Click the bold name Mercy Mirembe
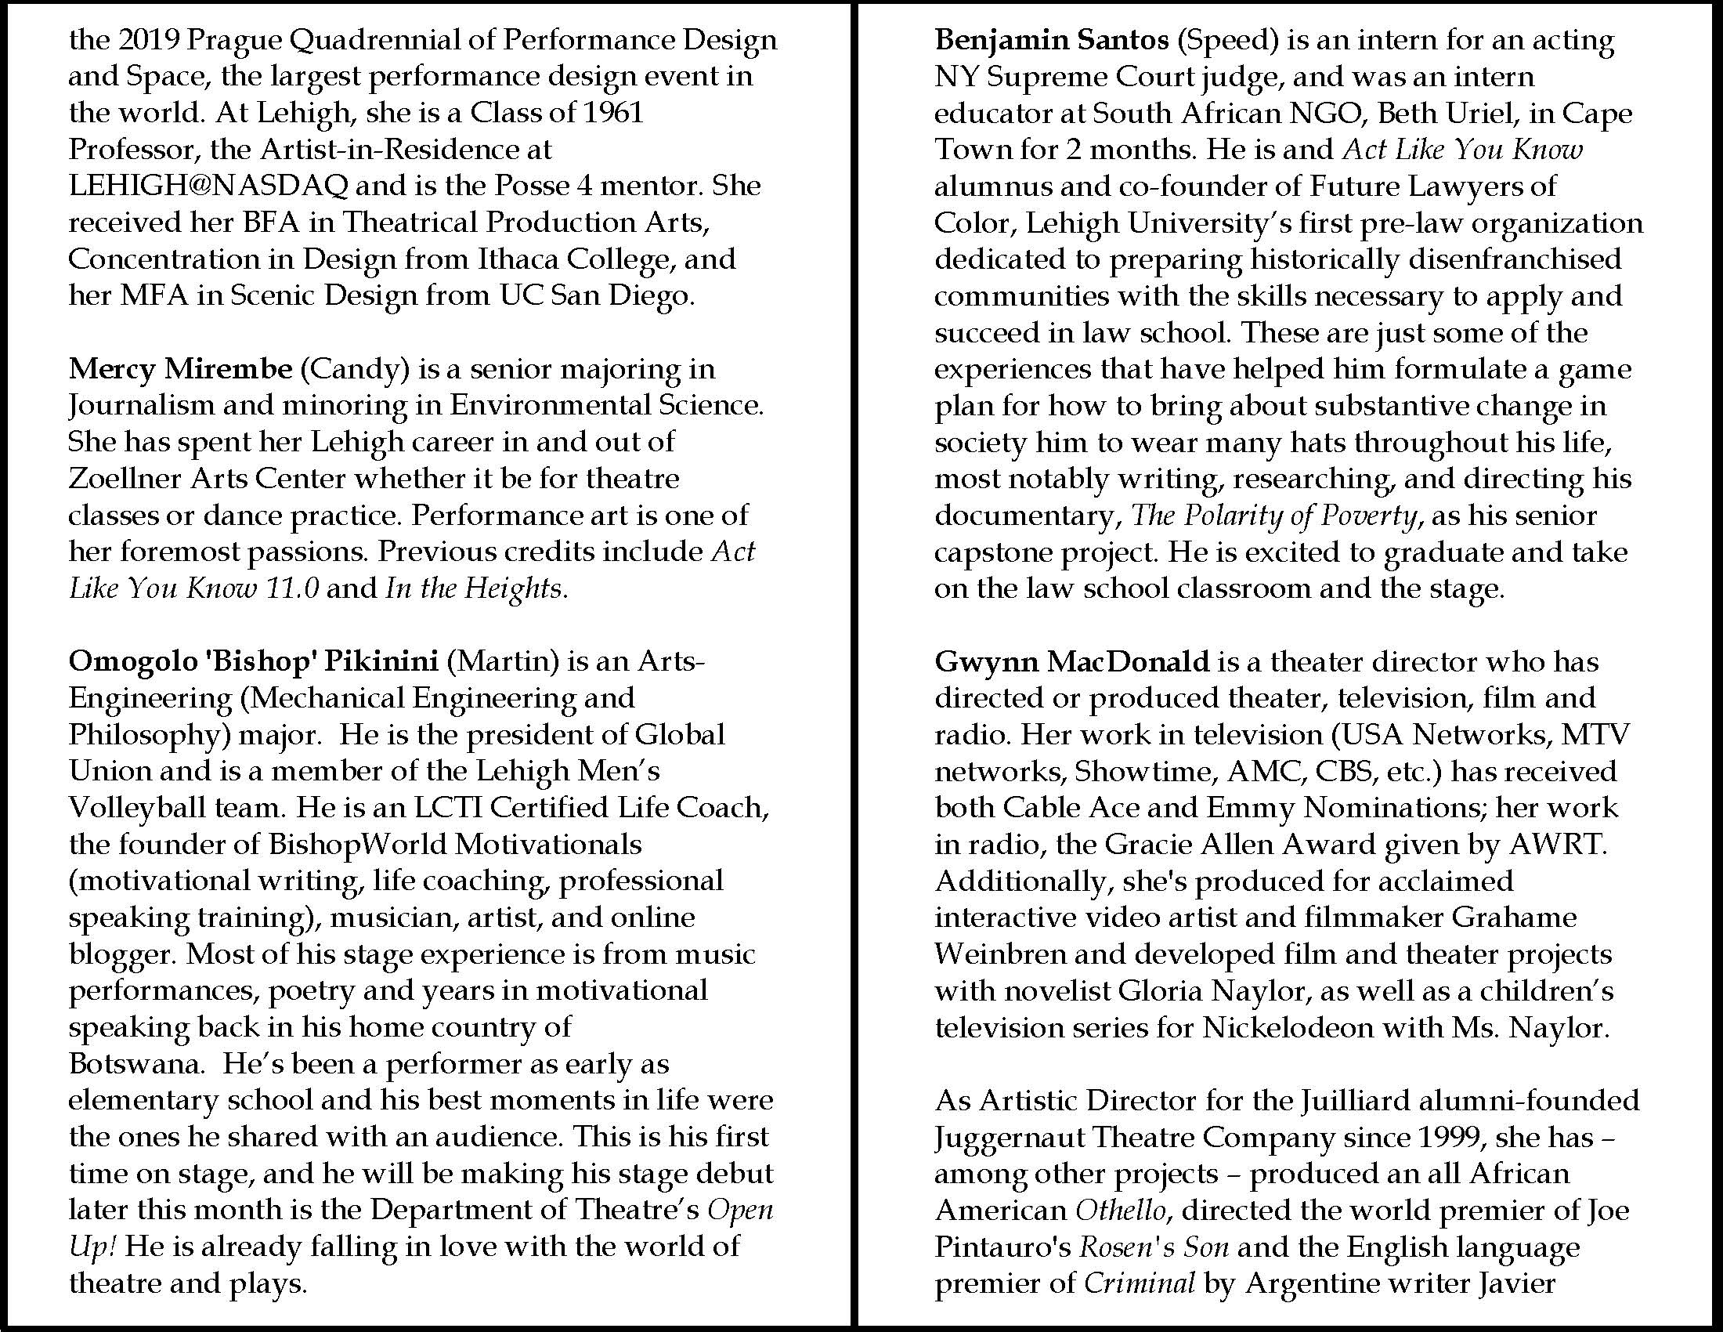[179, 368]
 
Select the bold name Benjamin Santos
[1051, 40]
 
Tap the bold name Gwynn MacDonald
[1071, 661]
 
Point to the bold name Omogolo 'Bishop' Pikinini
[253, 661]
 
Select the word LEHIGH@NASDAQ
[208, 186]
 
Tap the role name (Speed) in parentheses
[1227, 40]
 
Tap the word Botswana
[136, 1064]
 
